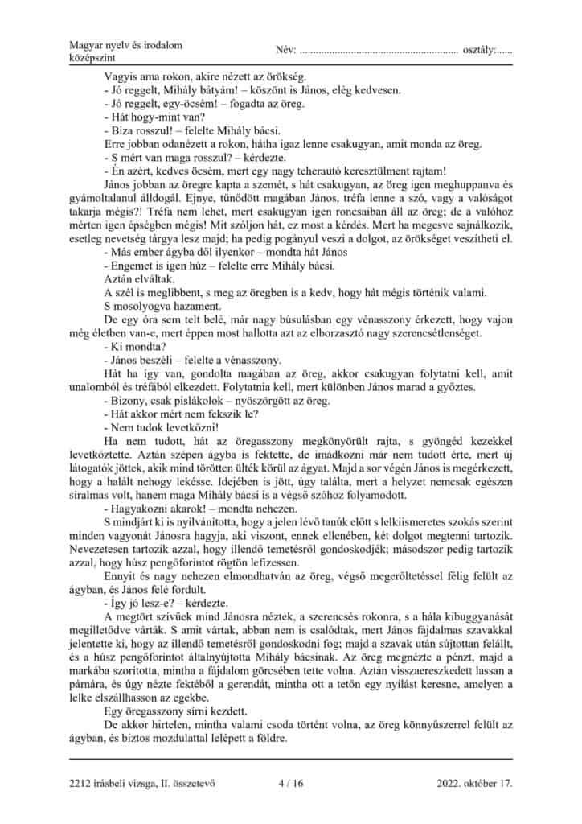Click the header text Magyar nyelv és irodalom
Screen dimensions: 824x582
coord(121,43)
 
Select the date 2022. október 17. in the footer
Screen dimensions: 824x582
coord(474,781)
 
